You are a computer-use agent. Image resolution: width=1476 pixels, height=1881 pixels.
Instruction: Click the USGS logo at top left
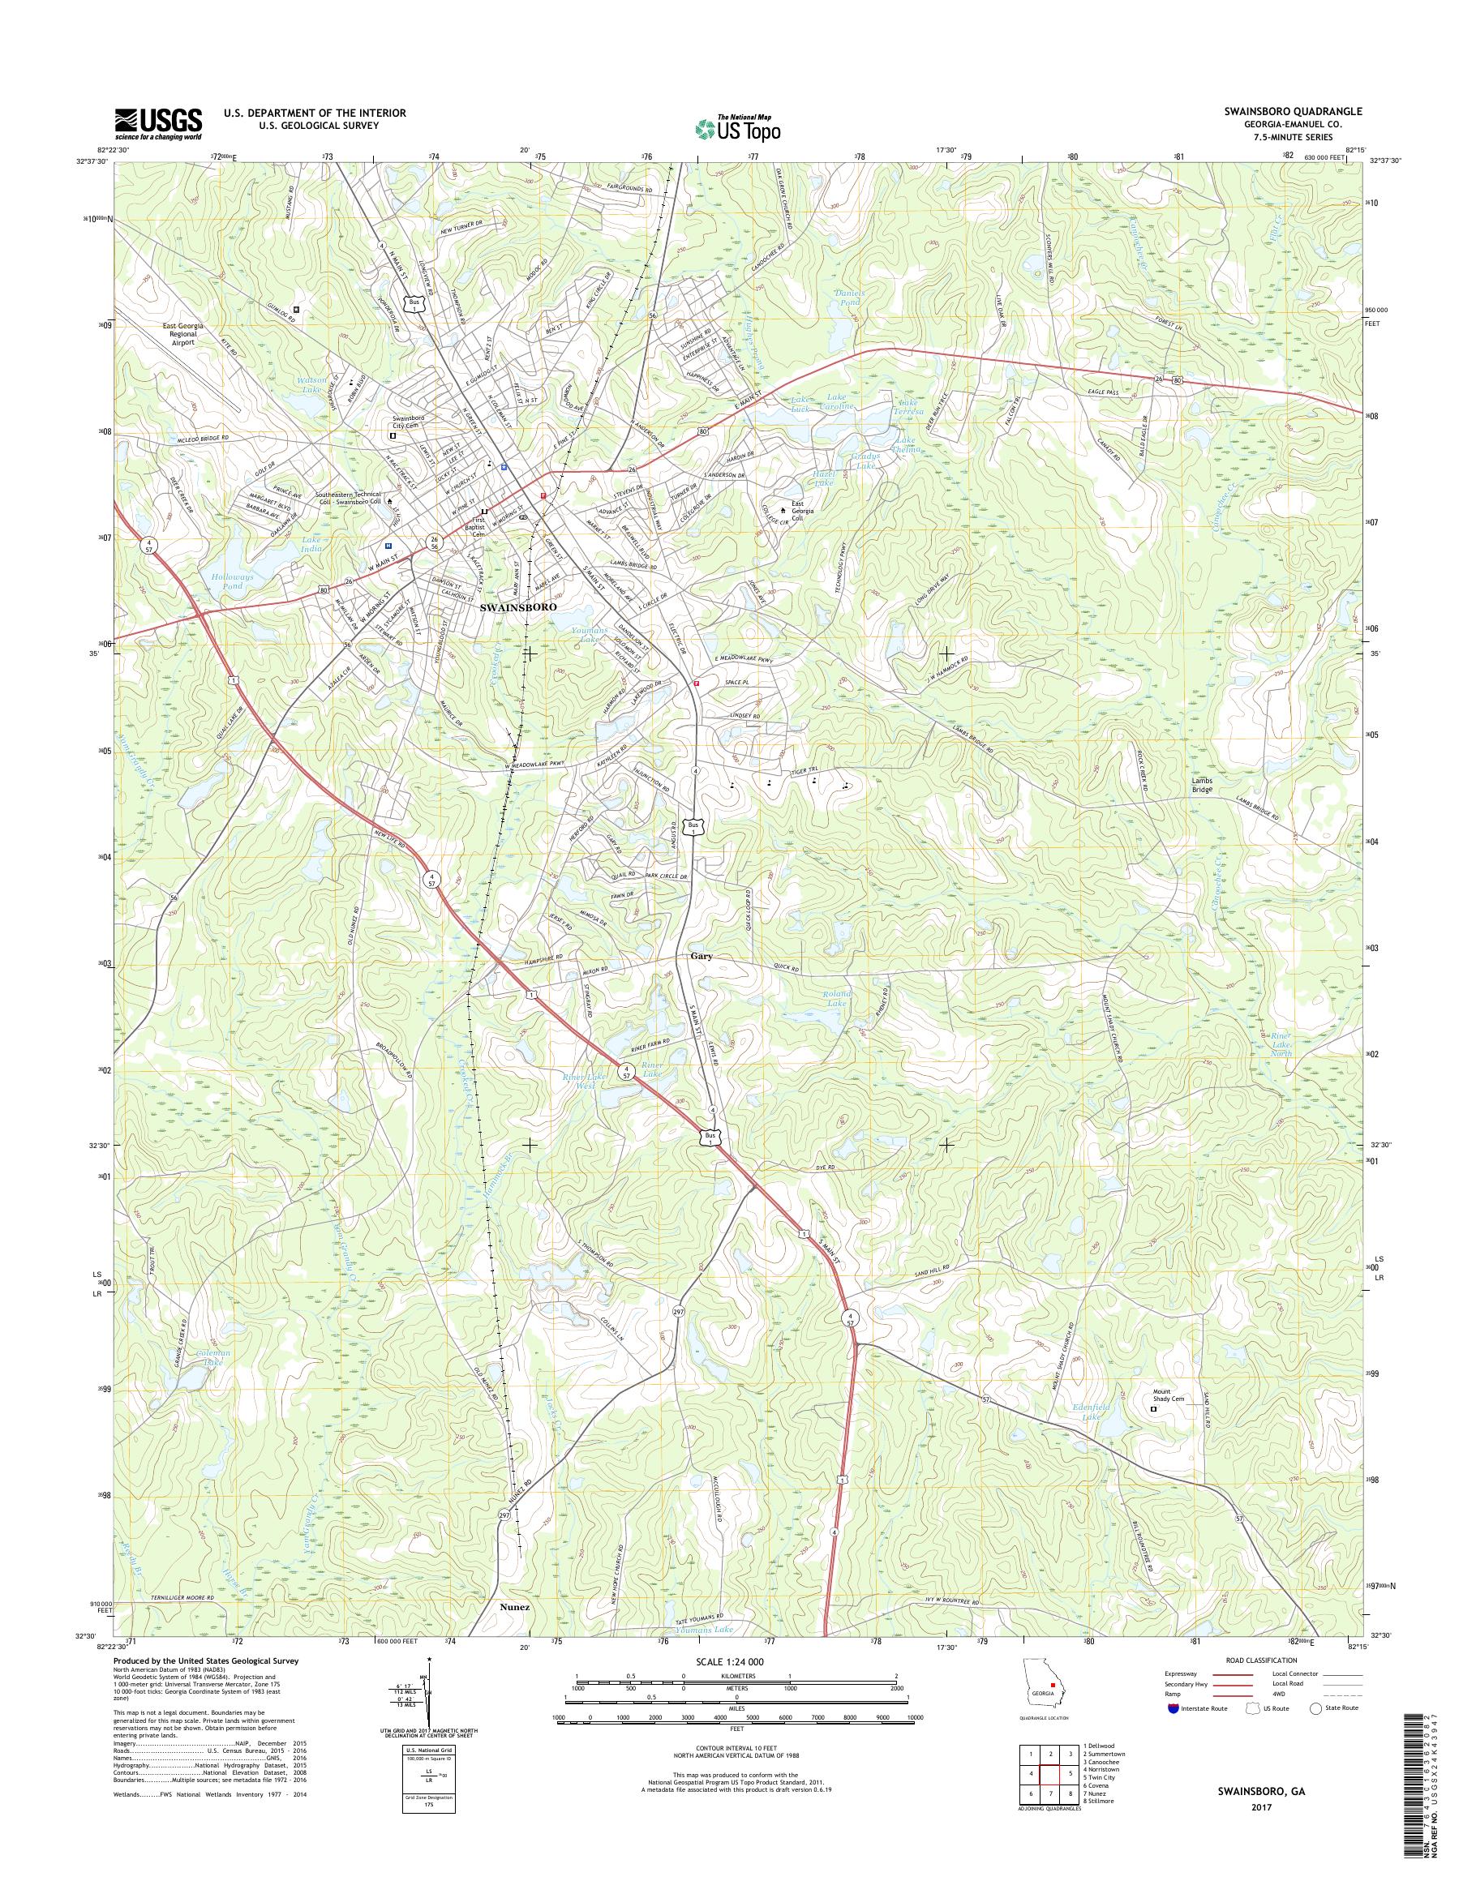click(x=158, y=123)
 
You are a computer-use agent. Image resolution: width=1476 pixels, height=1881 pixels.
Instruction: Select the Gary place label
click(x=701, y=957)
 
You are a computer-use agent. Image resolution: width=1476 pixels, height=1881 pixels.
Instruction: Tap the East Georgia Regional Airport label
click(x=182, y=334)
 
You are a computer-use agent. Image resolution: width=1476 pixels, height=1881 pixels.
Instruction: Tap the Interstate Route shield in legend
click(x=1173, y=1708)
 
